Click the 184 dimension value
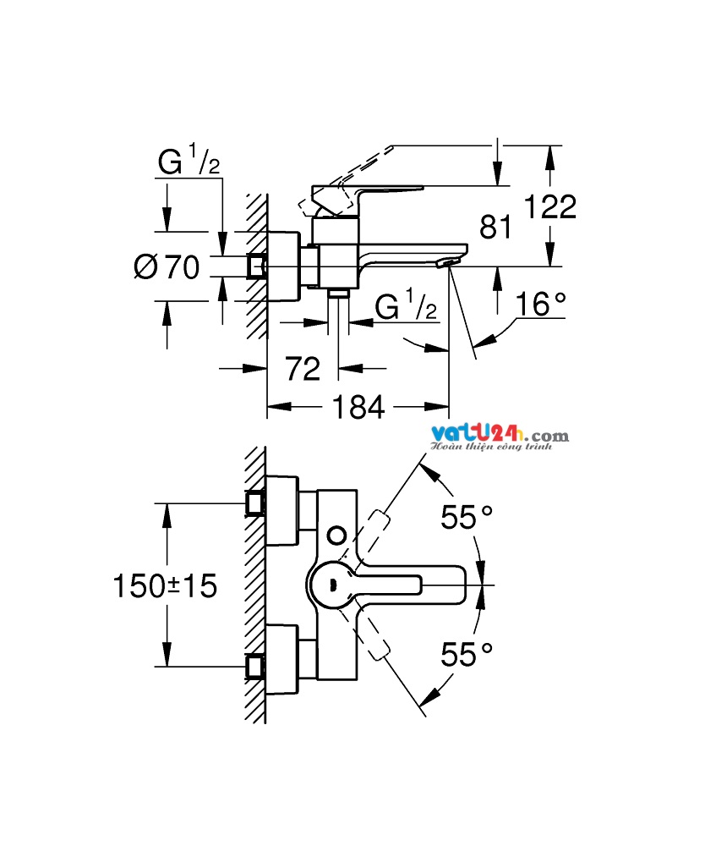358,407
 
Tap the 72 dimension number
303,369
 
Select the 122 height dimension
550,206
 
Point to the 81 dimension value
495,227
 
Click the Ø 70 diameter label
167,266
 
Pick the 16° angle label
541,305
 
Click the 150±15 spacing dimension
165,586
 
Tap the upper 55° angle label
467,517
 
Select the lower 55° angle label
467,655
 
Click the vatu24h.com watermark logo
500,438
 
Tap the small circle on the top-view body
337,536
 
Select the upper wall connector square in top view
255,503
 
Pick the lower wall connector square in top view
255,667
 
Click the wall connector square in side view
257,266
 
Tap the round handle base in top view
330,585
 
